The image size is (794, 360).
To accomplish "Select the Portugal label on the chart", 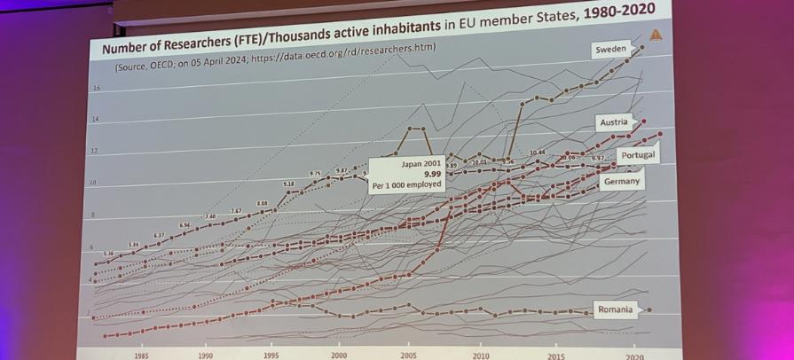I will [x=637, y=155].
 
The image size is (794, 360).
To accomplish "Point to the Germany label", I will [x=620, y=181].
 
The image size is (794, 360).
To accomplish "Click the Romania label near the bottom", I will [x=615, y=309].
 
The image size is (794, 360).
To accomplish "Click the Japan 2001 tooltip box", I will [x=407, y=175].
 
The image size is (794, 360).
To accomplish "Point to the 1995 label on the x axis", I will [x=271, y=354].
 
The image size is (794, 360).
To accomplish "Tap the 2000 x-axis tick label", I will [x=339, y=354].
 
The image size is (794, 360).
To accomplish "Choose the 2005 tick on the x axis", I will [x=408, y=354].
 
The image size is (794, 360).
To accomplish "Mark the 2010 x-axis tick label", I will [x=481, y=355].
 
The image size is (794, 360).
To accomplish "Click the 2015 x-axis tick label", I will [x=556, y=356].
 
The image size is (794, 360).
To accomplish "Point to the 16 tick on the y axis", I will [x=96, y=88].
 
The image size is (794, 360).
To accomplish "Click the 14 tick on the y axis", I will [x=95, y=119].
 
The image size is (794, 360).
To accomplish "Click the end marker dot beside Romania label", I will [x=649, y=309].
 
